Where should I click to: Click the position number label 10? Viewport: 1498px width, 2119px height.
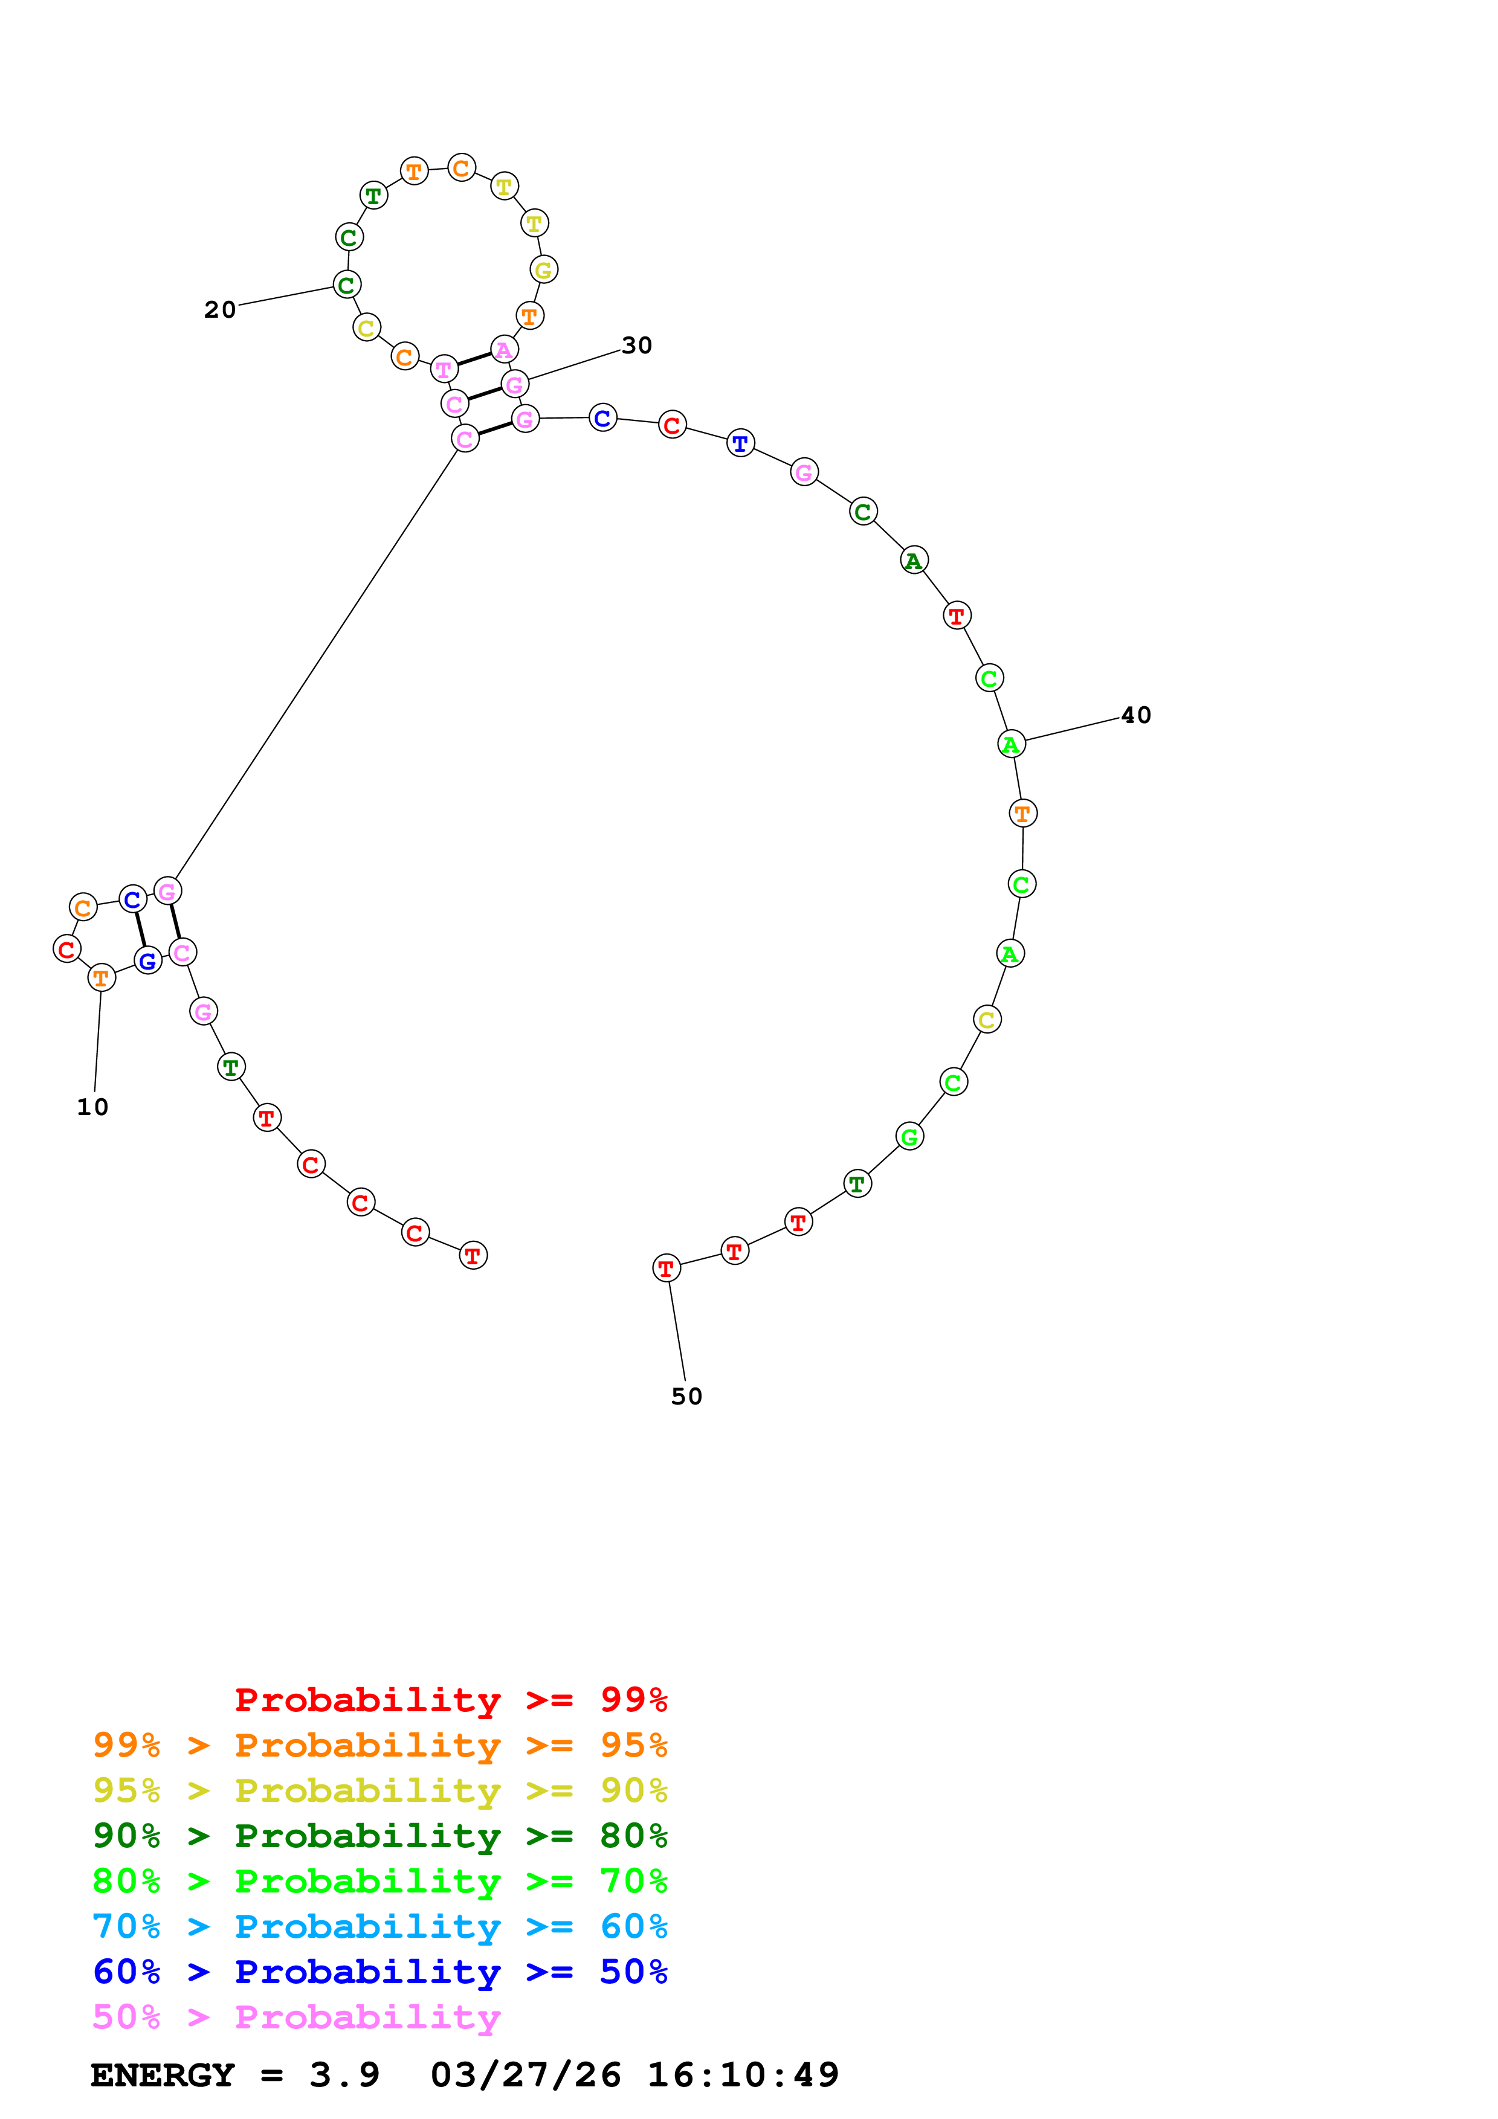tap(92, 1107)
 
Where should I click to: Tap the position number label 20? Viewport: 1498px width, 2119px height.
tap(220, 310)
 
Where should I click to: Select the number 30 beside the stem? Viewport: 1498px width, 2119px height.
tap(637, 345)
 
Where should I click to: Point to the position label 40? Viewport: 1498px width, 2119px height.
tap(1136, 715)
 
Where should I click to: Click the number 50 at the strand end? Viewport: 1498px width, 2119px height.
tap(686, 1397)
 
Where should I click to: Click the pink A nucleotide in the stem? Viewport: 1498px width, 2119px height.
tap(504, 350)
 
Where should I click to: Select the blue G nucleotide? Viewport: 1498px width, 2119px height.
tap(147, 961)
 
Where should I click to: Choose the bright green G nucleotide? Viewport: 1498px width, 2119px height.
tap(910, 1137)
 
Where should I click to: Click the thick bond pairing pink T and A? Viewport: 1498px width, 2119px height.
tap(474, 359)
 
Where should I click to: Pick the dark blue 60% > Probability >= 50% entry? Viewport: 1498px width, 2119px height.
tap(380, 1972)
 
